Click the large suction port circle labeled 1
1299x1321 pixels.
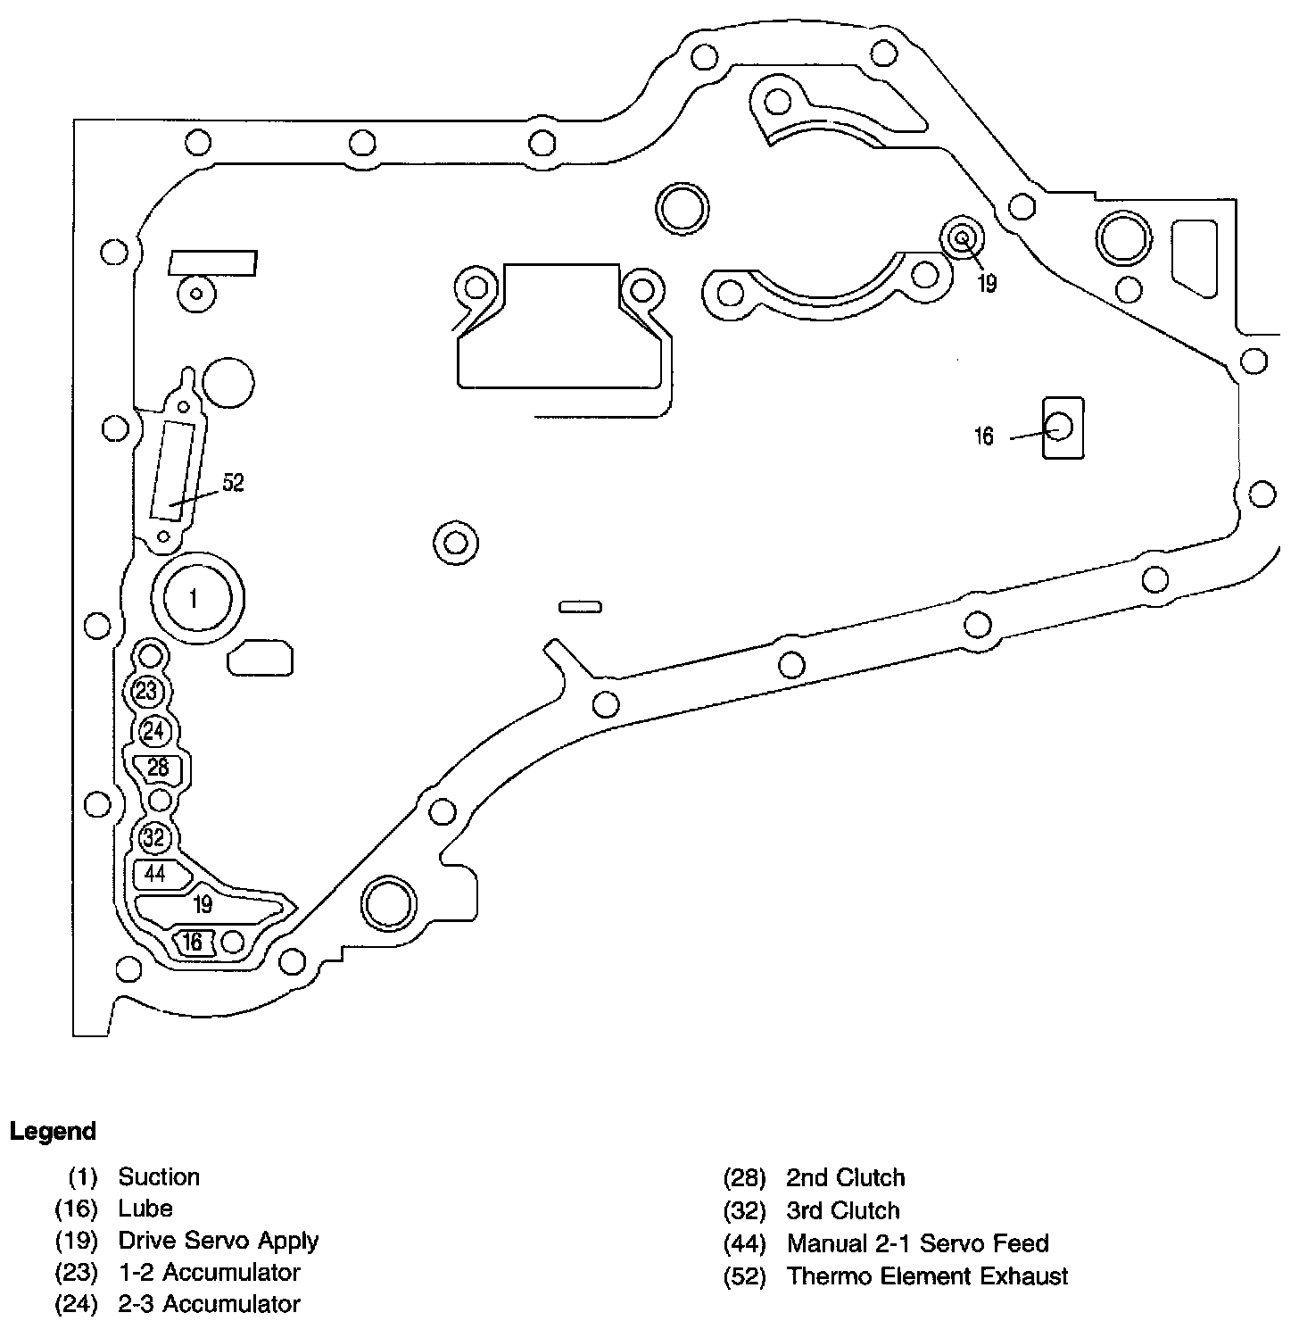coord(196,598)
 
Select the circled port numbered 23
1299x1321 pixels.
coord(146,691)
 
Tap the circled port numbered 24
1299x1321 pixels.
coord(154,731)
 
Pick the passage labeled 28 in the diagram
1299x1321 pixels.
coord(158,768)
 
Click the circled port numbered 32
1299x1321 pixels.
coord(154,838)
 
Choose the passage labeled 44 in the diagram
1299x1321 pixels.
coord(156,874)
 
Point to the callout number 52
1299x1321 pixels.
coord(232,483)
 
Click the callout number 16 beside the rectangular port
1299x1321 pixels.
coord(983,436)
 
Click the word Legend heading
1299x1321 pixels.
coord(53,1132)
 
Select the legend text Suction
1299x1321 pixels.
coord(159,1176)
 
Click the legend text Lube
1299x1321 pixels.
coord(145,1209)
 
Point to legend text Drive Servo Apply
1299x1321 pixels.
coord(218,1241)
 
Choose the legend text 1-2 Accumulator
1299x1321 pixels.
coord(209,1272)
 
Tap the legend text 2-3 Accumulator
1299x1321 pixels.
coord(209,1304)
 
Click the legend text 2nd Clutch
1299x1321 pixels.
coord(845,1178)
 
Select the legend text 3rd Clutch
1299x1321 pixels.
coord(842,1210)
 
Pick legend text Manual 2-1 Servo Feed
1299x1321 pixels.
coord(917,1243)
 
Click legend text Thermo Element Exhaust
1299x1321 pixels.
coord(927,1276)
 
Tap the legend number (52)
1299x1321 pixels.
coord(744,1276)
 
